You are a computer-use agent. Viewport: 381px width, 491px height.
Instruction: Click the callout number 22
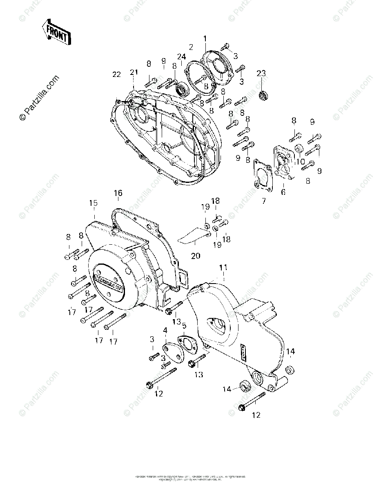pos(117,74)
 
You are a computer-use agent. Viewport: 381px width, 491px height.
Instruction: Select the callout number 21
pos(134,72)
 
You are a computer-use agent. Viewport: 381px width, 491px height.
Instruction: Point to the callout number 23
pos(261,73)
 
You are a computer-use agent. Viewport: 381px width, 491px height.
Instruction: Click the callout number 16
pos(118,193)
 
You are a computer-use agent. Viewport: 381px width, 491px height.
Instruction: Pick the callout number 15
pos(94,203)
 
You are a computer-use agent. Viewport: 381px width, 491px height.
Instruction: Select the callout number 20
pos(196,256)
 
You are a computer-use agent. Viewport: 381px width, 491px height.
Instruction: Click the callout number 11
pos(223,268)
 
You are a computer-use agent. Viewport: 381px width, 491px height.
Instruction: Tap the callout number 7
pos(264,201)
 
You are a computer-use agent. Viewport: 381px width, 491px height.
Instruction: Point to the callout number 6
pos(284,191)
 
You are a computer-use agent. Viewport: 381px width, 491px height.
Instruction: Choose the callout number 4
pos(165,330)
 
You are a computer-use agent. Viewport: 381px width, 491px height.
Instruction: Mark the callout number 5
pos(184,326)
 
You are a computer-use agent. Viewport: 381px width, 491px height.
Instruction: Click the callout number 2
pos(191,47)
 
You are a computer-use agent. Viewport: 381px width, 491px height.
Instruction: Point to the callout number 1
pos(205,39)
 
